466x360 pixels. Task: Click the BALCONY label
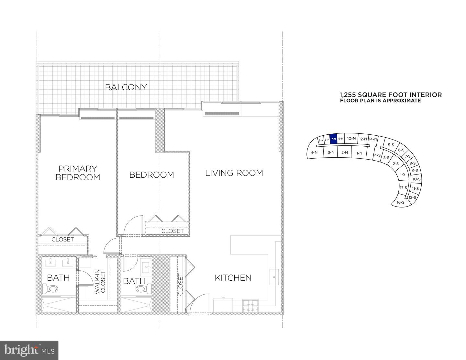[126, 87]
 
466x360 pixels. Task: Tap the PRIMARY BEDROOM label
[78, 173]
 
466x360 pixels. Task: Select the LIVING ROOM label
[234, 173]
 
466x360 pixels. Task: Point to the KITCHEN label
[233, 277]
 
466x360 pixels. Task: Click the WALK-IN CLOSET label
[100, 282]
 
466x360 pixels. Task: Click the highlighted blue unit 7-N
[333, 139]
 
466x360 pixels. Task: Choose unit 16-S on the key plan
[401, 202]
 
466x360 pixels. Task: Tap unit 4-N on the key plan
[313, 152]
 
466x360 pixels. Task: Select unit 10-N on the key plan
[351, 138]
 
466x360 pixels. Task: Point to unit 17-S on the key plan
[403, 188]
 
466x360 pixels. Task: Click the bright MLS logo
[29, 350]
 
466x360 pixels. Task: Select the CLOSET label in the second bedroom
[172, 231]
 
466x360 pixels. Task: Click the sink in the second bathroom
[147, 267]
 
